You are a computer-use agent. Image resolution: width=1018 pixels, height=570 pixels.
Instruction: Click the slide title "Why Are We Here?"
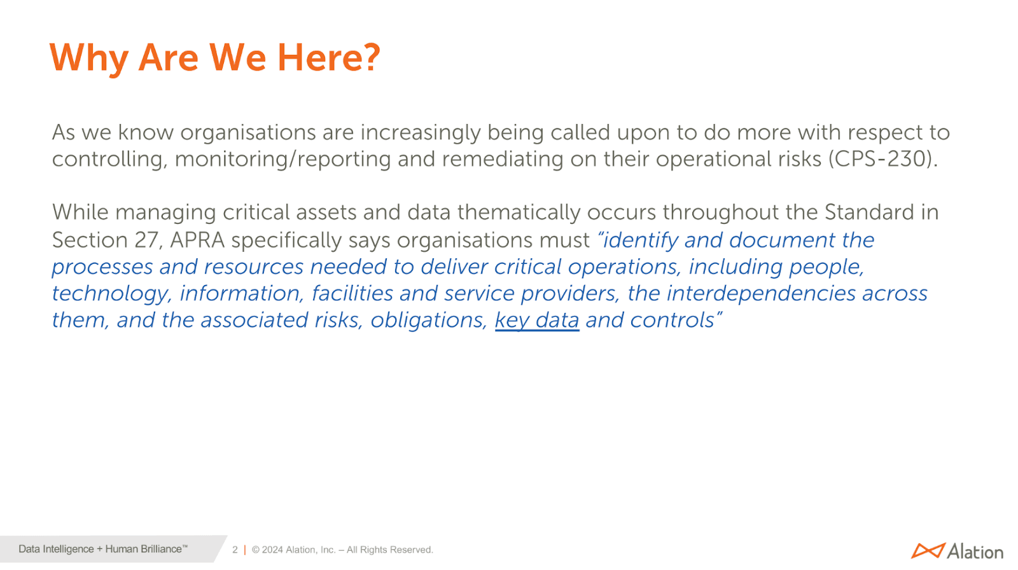point(214,58)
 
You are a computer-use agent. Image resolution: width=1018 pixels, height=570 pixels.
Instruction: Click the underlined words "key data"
point(537,320)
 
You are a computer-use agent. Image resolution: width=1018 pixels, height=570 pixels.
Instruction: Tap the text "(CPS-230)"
point(882,159)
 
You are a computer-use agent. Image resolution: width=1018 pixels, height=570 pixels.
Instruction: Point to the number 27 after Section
point(146,240)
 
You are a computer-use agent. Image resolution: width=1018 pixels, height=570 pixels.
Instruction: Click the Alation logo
point(957,551)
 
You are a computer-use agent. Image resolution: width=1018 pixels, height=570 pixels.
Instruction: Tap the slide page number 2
point(235,550)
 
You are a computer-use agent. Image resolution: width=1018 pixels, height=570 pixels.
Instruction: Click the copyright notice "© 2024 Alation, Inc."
point(293,550)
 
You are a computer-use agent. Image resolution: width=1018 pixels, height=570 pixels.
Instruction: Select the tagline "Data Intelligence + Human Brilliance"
point(101,549)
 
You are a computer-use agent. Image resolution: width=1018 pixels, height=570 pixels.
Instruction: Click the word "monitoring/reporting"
point(282,159)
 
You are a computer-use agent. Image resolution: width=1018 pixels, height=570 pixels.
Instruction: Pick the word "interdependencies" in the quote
point(761,293)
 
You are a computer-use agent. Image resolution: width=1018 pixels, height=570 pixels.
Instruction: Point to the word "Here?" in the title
point(328,58)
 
